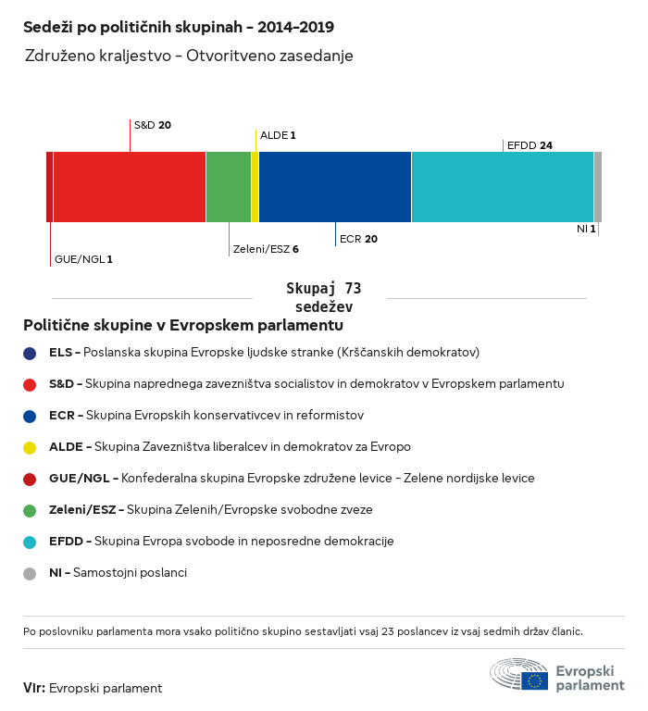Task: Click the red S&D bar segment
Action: (129, 187)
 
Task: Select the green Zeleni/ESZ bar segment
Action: (228, 187)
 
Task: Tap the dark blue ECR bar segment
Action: (334, 187)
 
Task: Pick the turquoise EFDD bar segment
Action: (502, 187)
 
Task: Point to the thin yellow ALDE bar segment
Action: (255, 187)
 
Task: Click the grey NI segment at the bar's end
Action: (598, 187)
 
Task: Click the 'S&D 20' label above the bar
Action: (153, 125)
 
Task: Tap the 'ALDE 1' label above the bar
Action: (278, 135)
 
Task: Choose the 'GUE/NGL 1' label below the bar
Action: (83, 259)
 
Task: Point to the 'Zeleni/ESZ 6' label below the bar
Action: (266, 249)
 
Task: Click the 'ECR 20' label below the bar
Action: (358, 239)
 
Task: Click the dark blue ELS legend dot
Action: (30, 353)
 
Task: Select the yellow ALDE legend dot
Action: (30, 447)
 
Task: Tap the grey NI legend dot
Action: (30, 573)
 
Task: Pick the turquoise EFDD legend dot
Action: (30, 542)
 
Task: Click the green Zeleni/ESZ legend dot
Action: (30, 510)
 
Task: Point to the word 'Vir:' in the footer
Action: (34, 688)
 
